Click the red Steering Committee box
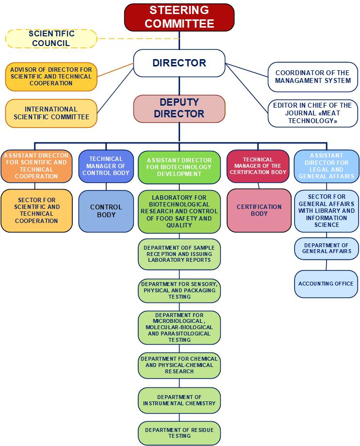[x=179, y=17]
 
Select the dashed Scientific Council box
[x=51, y=39]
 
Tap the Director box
[x=179, y=63]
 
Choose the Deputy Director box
[x=179, y=109]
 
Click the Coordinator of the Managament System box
[x=313, y=77]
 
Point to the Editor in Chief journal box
[x=313, y=113]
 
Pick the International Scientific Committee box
[x=51, y=113]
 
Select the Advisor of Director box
[x=51, y=77]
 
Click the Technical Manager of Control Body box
[x=106, y=166]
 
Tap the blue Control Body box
[x=106, y=211]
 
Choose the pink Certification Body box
[x=259, y=210]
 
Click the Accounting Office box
[x=326, y=284]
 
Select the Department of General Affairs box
[x=327, y=248]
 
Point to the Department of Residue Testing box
[x=179, y=433]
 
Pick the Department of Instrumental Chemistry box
[x=179, y=400]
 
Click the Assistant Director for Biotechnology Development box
[x=179, y=167]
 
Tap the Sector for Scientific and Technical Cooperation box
[x=37, y=210]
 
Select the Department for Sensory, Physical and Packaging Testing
[x=179, y=290]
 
